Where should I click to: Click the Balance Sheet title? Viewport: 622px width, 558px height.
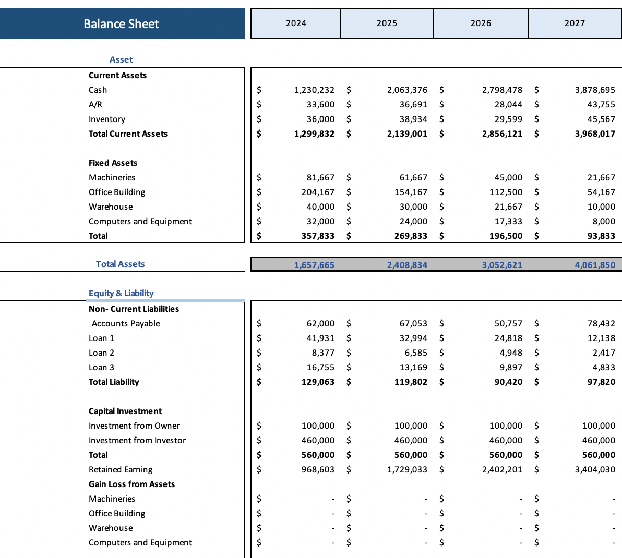click(121, 24)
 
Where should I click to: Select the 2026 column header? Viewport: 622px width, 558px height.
click(481, 23)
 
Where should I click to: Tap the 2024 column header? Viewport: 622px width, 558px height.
click(296, 23)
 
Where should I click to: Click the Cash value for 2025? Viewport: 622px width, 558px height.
click(407, 90)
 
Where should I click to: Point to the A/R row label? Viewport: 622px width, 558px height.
click(95, 104)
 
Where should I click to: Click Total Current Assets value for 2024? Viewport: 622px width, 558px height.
click(314, 134)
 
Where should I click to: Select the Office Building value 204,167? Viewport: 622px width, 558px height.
click(318, 192)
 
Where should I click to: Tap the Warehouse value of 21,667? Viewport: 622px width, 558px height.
click(508, 207)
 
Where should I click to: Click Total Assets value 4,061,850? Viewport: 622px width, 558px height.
click(595, 265)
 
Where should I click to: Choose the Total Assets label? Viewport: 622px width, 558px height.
click(120, 264)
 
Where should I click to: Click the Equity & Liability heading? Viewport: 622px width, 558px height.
click(121, 293)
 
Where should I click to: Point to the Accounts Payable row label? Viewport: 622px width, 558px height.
click(126, 323)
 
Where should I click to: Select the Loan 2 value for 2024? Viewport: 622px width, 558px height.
click(323, 353)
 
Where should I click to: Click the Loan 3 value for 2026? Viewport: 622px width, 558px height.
click(511, 367)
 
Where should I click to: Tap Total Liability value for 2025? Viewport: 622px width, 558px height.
click(411, 382)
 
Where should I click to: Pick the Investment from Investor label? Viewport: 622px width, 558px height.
click(137, 440)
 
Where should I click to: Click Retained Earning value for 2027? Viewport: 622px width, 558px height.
click(595, 469)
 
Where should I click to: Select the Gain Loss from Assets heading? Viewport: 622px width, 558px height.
click(131, 484)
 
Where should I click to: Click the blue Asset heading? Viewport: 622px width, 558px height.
click(121, 59)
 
